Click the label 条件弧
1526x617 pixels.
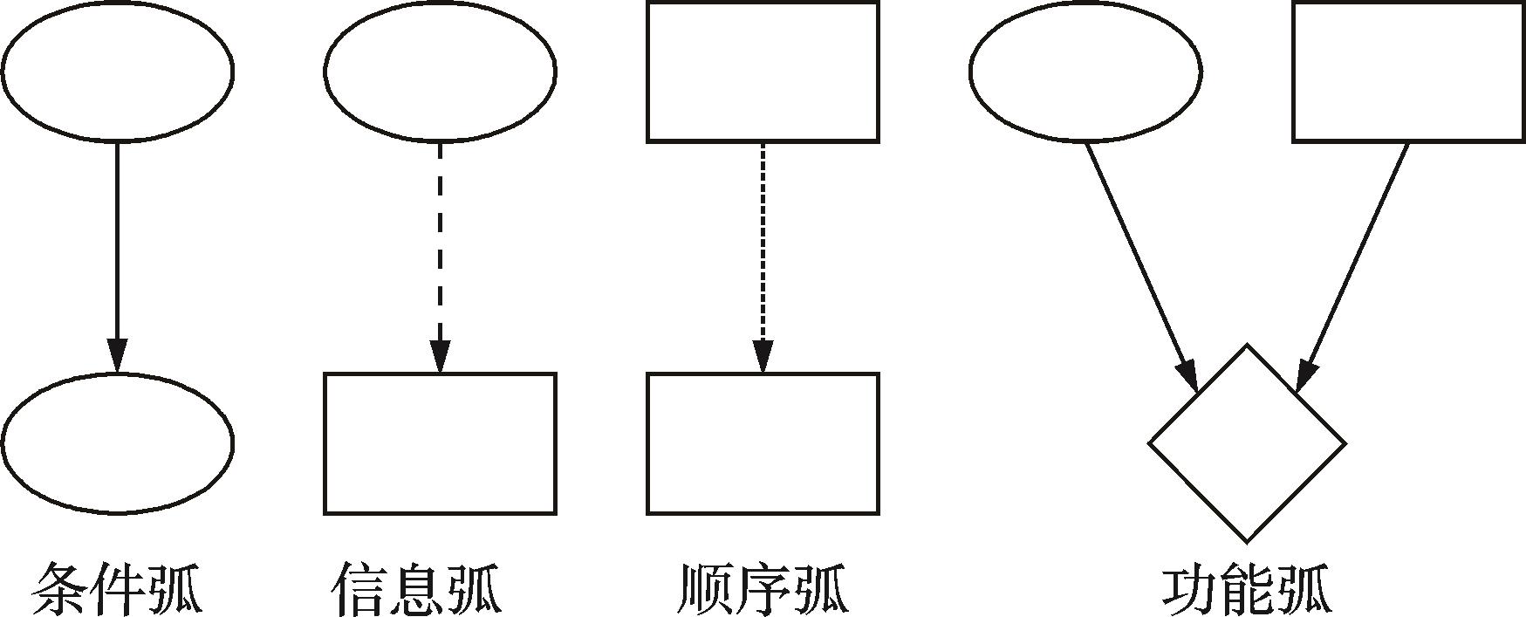(x=117, y=590)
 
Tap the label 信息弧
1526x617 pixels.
(x=417, y=590)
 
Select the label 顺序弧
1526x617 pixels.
(x=763, y=590)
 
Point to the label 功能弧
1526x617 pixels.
(x=1247, y=590)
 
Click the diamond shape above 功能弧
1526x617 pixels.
(x=1247, y=443)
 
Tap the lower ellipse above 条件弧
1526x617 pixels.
(x=117, y=443)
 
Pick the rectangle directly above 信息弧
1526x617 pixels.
(x=440, y=443)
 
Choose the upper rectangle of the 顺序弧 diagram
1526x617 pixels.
(x=763, y=72)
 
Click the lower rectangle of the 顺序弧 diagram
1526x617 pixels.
(x=763, y=443)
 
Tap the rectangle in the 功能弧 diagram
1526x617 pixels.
(x=1408, y=72)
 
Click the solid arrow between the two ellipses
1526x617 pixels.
(x=117, y=244)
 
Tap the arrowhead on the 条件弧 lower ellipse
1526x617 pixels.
(x=117, y=356)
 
